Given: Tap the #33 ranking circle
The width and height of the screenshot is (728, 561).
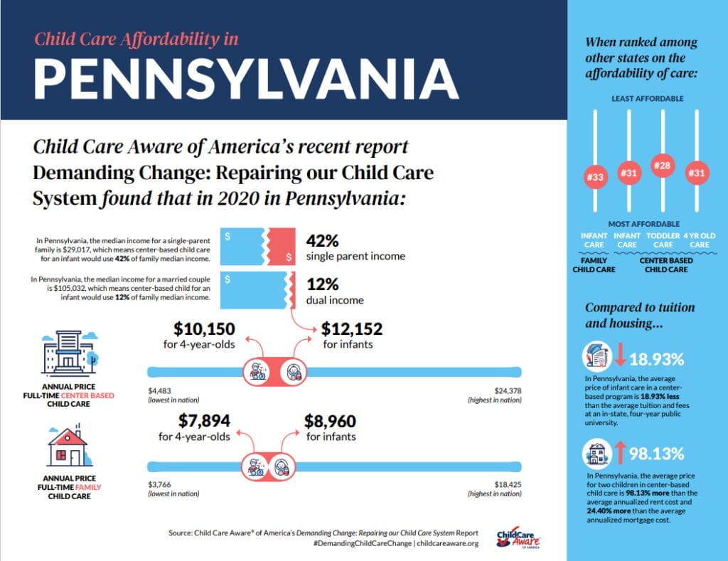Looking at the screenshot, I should pos(594,176).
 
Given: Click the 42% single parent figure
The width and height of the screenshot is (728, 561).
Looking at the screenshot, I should pos(323,240).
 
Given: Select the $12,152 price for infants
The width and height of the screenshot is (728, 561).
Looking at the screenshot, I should pos(352,329).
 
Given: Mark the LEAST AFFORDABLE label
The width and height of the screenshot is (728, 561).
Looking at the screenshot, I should pos(648,98).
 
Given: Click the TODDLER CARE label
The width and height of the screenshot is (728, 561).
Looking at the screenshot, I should pos(663,240).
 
